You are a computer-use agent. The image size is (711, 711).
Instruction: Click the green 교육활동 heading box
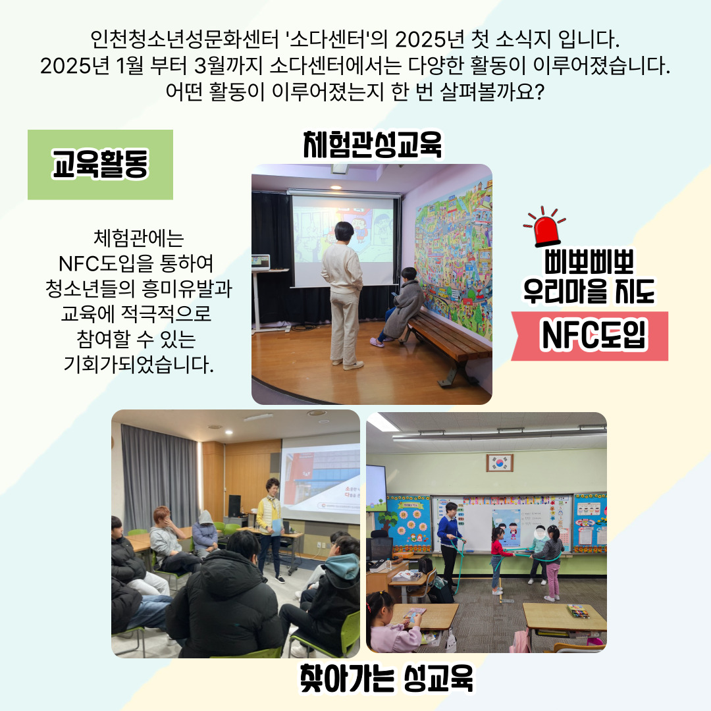pos(100,165)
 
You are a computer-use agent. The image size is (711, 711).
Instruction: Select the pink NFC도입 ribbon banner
pos(590,336)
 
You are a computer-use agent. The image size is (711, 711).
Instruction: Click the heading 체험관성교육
pos(372,145)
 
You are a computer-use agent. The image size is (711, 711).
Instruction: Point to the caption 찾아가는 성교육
pos(386,678)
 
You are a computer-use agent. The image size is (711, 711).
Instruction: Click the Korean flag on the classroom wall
pos(500,463)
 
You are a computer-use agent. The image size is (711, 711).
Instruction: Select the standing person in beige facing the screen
pos(343,295)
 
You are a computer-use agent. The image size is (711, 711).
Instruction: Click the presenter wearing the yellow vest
pos(271,528)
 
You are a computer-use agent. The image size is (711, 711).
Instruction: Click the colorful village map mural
pos(454,259)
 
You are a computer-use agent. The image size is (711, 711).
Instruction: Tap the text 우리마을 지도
pos(589,291)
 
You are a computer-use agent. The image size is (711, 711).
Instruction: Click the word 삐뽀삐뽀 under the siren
pos(589,261)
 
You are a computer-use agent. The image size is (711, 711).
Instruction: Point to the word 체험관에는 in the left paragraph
pos(138,238)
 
